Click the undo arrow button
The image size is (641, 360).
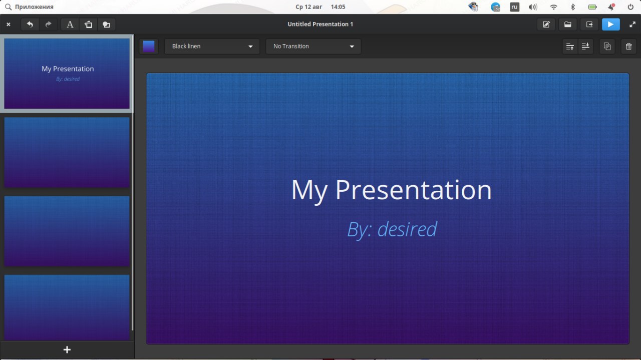click(30, 25)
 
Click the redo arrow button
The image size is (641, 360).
click(48, 25)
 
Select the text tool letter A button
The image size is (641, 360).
click(70, 25)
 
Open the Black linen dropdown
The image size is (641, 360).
click(212, 47)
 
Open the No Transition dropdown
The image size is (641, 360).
click(313, 47)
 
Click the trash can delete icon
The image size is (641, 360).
click(628, 47)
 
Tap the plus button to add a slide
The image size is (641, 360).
click(67, 349)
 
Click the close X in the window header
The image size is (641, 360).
click(9, 25)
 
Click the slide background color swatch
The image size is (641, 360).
click(149, 47)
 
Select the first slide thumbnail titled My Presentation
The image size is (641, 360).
click(67, 74)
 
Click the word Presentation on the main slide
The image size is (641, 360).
click(413, 191)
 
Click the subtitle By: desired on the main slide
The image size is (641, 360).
click(392, 229)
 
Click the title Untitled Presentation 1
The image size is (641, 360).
click(320, 24)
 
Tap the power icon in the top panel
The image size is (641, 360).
click(630, 7)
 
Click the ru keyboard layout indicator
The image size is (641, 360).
click(514, 7)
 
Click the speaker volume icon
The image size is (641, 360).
click(532, 7)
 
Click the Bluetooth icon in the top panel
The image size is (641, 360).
click(572, 7)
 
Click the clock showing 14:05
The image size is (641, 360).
click(338, 7)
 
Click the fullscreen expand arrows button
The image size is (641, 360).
click(632, 25)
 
